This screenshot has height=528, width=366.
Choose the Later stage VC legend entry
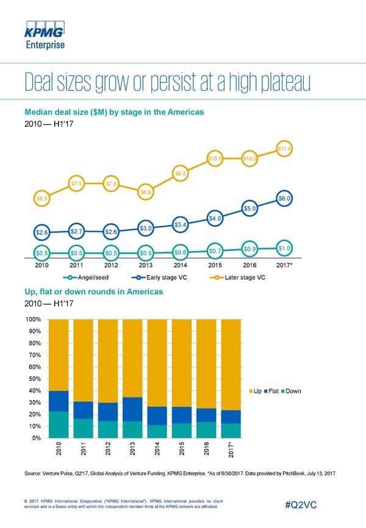point(238,279)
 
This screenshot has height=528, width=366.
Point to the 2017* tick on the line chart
point(285,265)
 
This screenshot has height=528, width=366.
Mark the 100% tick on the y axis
point(33,319)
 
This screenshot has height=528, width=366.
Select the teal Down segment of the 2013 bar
point(133,429)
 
